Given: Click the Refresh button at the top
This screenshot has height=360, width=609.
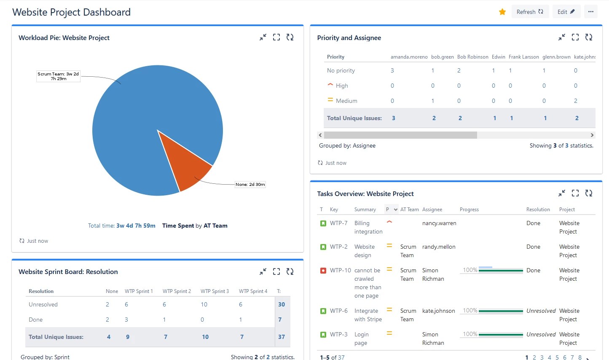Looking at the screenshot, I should [x=530, y=12].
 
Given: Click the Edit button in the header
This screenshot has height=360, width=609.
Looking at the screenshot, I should [x=566, y=12].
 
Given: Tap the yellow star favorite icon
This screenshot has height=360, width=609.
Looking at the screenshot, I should [x=502, y=12].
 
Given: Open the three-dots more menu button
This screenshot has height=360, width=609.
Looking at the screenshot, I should [x=591, y=12].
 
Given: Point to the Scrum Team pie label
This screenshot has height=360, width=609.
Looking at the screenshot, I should [x=58, y=76].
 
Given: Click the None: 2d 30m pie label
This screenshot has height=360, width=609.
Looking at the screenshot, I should [x=250, y=185].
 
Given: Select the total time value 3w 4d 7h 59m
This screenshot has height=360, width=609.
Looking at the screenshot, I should [x=136, y=226].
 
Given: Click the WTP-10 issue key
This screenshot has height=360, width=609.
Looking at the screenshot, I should [x=340, y=271].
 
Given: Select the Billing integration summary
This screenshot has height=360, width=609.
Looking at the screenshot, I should [x=368, y=228].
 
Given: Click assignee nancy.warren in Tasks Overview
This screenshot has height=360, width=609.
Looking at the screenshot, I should [x=439, y=223].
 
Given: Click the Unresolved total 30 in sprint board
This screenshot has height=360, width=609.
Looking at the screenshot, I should [x=282, y=305].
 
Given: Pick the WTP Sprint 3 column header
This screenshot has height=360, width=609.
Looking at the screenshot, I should [x=215, y=291].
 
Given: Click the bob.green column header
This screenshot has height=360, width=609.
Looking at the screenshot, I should [x=442, y=57].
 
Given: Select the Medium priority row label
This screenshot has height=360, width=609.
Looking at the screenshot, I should [x=346, y=101].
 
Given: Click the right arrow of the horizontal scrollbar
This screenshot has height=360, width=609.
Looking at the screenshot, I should [x=592, y=135].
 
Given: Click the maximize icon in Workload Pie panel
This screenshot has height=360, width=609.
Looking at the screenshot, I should [x=276, y=38].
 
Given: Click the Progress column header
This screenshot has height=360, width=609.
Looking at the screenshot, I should [x=469, y=210].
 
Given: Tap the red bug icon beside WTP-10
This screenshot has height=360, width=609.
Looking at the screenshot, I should [x=323, y=271].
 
